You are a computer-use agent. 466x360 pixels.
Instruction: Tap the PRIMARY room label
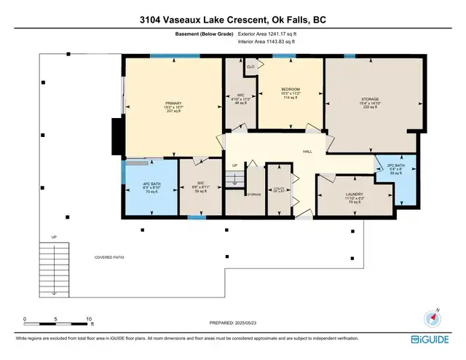click(173, 103)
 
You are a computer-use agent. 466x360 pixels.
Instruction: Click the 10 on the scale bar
click(89, 319)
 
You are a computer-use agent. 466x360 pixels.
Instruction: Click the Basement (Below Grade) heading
click(205, 34)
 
